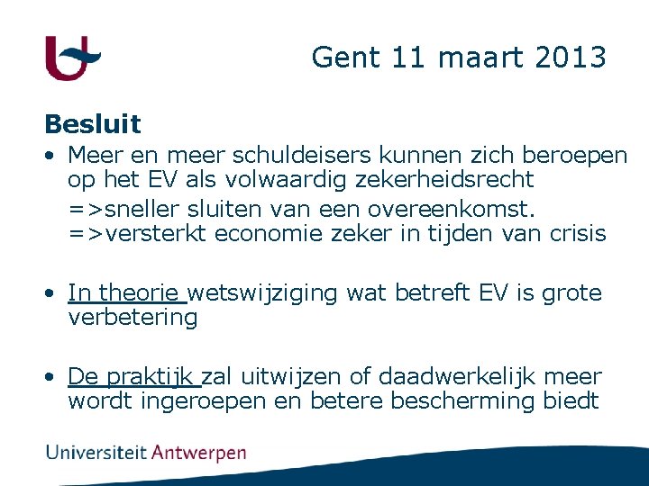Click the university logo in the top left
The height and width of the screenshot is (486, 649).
coord(72,58)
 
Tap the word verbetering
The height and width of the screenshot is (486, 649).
coord(133,318)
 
